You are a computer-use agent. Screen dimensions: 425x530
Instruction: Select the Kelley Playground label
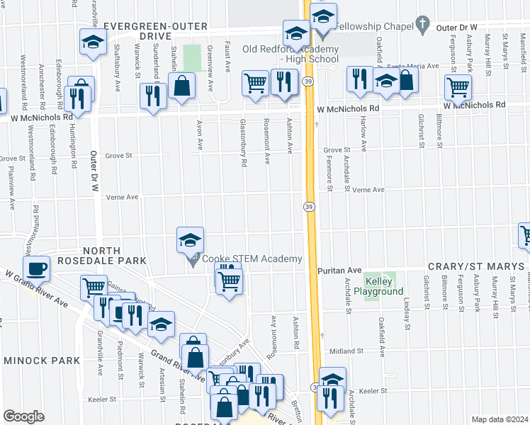tap(379, 286)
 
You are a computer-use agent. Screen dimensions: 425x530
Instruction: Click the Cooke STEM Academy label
tap(252, 259)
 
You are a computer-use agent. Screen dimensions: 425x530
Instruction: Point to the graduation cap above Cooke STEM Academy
tap(190, 241)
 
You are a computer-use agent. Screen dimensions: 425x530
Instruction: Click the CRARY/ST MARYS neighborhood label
tap(478, 266)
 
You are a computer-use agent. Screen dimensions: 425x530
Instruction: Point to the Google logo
tap(23, 416)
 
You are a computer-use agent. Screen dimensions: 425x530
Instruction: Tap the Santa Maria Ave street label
tap(417, 66)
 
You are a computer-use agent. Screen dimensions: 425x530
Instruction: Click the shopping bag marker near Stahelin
tap(183, 86)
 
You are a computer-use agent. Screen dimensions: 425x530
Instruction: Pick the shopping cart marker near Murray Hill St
tap(458, 88)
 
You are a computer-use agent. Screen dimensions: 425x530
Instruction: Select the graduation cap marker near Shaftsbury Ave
tap(93, 42)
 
